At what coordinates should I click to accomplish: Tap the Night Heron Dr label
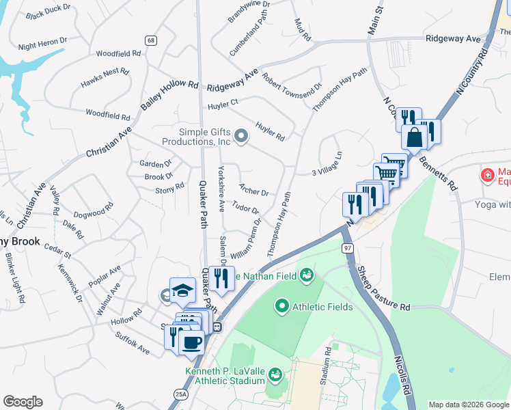[43, 44]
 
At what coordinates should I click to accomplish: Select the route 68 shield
[151, 41]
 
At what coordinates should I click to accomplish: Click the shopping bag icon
[414, 137]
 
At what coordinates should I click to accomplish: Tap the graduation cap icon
[182, 290]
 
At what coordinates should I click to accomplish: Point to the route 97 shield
[348, 251]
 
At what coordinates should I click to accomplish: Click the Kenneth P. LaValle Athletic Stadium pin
[275, 374]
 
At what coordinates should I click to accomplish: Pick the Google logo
[23, 402]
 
